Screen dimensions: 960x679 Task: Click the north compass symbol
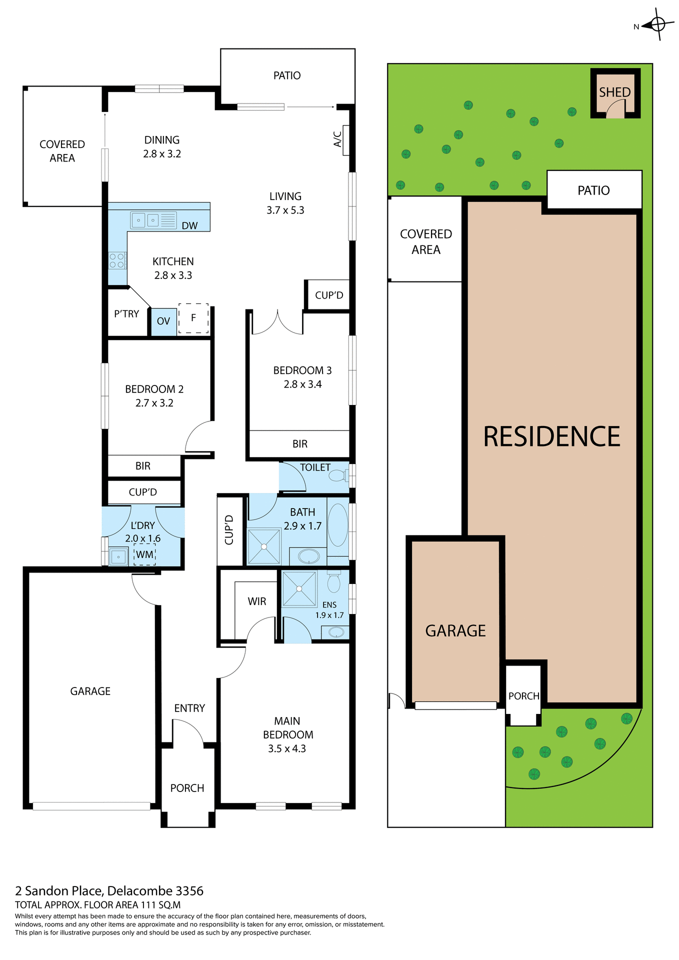coord(657,24)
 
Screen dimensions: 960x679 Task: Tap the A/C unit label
coord(338,139)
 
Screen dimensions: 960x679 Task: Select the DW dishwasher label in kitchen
coord(189,225)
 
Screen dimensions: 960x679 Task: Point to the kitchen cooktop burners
coord(116,260)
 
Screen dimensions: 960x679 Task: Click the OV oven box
coord(163,321)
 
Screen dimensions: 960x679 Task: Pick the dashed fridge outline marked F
coord(193,318)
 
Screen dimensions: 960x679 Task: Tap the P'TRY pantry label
coord(126,314)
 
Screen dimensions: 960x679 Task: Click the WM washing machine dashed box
coord(145,554)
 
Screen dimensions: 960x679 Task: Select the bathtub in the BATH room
coord(338,525)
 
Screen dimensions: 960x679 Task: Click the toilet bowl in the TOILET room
coord(337,475)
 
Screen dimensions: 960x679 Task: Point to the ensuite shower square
coord(299,588)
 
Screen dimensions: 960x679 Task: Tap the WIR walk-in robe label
coord(257,601)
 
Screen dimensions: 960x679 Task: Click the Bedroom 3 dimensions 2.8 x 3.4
coord(302,384)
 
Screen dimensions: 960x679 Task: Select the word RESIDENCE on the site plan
coord(551,436)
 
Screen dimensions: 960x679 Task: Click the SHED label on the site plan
coord(614,92)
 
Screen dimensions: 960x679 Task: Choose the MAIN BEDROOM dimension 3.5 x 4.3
coord(287,748)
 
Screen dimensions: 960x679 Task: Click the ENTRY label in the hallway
coord(189,708)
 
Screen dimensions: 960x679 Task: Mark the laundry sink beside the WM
coord(118,556)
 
